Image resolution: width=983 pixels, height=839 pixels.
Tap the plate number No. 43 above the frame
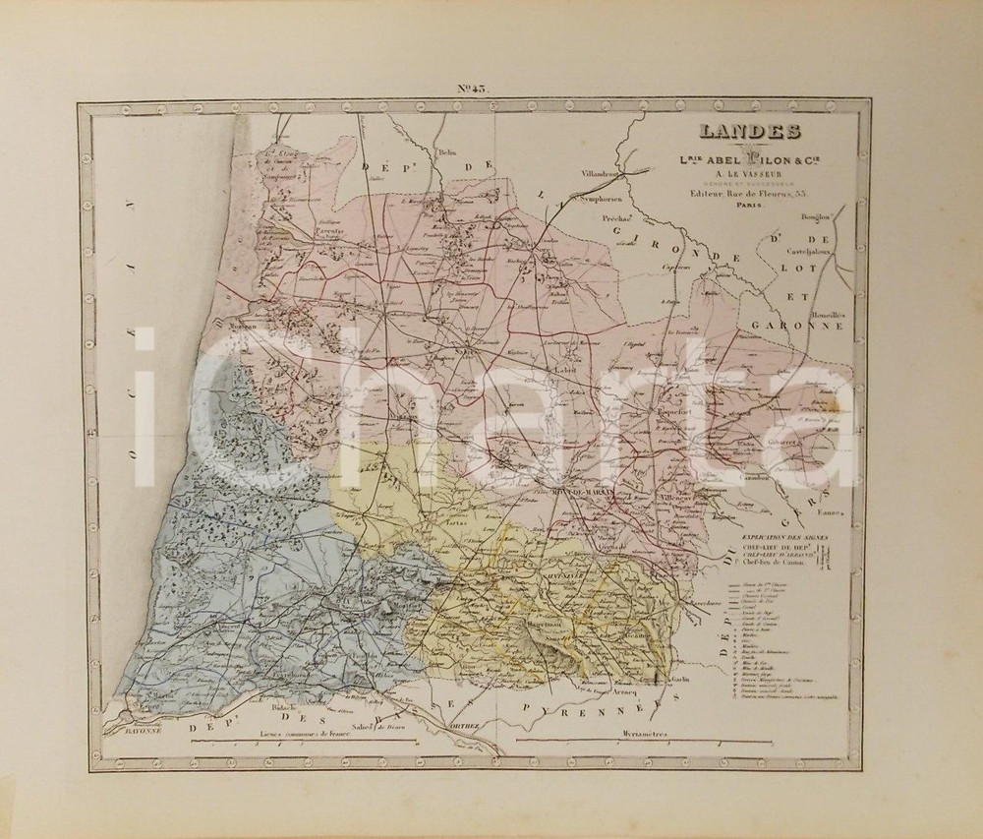click(472, 89)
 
